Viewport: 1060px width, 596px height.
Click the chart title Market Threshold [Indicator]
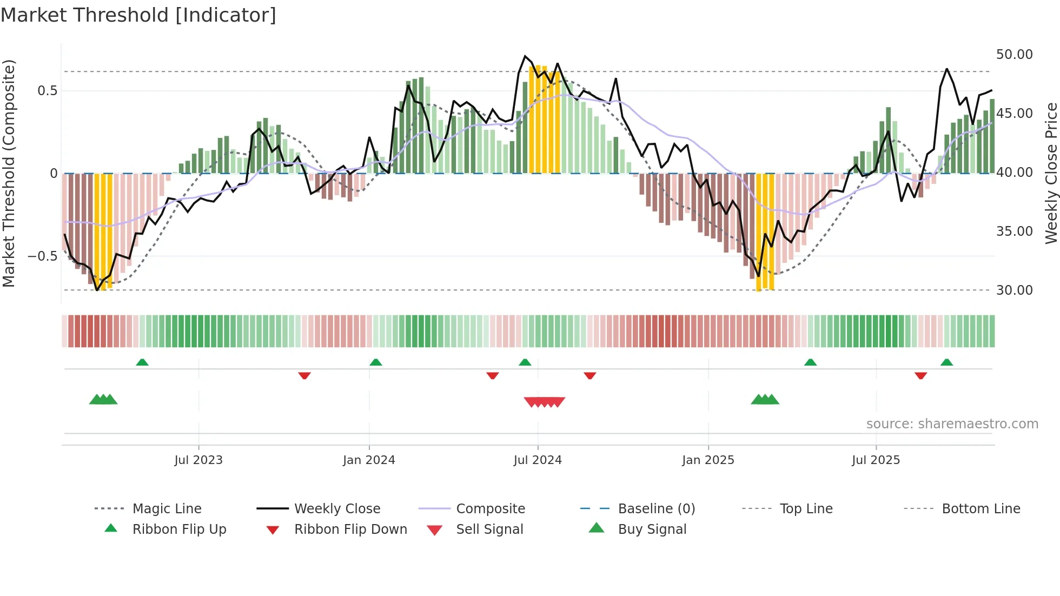[x=138, y=15]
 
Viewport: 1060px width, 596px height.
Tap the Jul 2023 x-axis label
[x=198, y=460]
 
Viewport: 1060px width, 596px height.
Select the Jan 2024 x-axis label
[x=369, y=460]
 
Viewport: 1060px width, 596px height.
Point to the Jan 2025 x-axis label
[x=708, y=460]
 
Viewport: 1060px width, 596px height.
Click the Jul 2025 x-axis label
[x=876, y=460]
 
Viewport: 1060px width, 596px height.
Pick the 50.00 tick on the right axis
[x=1014, y=55]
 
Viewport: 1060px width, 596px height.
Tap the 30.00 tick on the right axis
[x=1014, y=290]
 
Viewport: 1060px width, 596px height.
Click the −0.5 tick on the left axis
[x=42, y=256]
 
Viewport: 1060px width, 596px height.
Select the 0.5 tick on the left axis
[x=47, y=91]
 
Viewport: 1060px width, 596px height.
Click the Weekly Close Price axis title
[x=1051, y=173]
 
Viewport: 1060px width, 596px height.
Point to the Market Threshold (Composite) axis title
[x=9, y=173]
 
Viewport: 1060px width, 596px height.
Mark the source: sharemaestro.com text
[x=952, y=424]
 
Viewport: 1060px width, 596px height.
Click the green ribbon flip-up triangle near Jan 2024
[x=376, y=362]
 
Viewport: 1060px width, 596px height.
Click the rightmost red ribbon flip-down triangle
[x=920, y=375]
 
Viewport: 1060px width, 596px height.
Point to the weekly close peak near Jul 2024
[x=525, y=56]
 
